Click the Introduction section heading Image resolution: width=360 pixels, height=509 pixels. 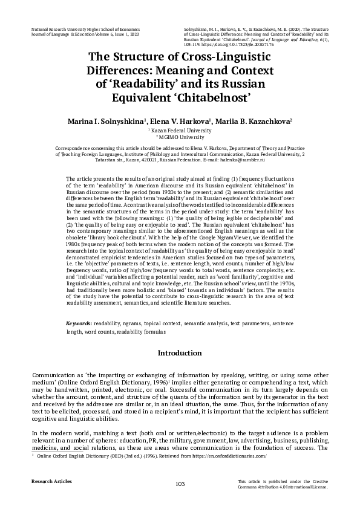click(180, 352)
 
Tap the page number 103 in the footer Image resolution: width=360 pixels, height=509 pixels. click(180, 483)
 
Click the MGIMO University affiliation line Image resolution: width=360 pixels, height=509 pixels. click(180, 137)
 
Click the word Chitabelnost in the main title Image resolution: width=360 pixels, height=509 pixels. click(212, 96)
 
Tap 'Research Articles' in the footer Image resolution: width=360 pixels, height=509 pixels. click(51, 481)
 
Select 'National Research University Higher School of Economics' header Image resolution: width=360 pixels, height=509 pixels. click(85, 28)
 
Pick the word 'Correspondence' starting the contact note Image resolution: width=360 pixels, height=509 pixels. click(76, 148)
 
